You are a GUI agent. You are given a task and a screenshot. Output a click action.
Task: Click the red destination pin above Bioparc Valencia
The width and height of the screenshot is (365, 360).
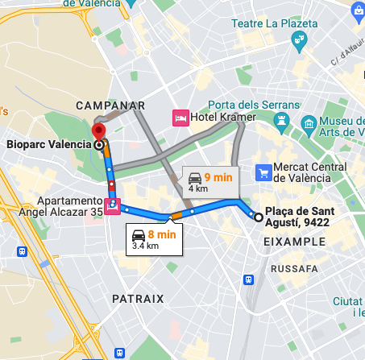99,131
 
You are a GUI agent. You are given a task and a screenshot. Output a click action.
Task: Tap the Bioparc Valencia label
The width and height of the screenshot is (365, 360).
48,146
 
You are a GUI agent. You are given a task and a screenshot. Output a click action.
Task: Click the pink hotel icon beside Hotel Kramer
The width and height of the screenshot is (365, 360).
180,118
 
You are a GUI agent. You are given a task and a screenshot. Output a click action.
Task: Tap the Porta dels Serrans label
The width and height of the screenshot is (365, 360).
254,105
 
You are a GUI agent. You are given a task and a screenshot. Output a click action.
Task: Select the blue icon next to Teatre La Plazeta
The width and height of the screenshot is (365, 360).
300,39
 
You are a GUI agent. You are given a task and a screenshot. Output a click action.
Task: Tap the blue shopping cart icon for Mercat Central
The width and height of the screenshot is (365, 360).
263,172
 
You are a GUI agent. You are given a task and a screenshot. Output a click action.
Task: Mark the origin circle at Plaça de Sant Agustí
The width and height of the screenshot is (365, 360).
257,217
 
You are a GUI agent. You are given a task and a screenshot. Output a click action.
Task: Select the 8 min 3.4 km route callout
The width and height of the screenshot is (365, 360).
153,238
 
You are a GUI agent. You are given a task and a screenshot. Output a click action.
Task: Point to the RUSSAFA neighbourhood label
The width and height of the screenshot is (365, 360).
294,267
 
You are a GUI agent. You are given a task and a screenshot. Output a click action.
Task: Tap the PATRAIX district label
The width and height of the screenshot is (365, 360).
138,299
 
